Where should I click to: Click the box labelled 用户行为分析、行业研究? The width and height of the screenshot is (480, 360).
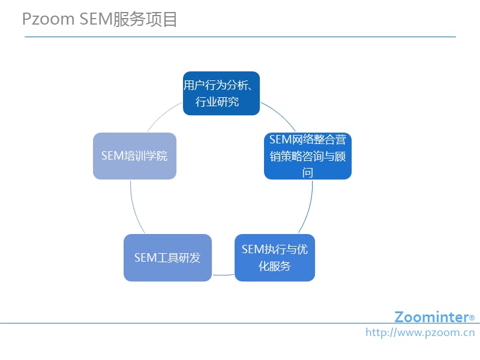point(221,94)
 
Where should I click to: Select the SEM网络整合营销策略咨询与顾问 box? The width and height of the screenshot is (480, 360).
point(307,156)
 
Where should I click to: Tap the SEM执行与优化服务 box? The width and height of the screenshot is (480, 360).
point(275,257)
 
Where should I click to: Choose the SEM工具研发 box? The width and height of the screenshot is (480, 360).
point(167,257)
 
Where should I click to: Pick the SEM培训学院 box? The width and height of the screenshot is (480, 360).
point(134,156)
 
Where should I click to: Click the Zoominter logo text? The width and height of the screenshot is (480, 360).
point(431,317)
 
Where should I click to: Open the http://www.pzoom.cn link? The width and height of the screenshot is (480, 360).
point(420,332)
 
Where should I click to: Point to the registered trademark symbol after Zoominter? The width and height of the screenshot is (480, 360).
point(472,318)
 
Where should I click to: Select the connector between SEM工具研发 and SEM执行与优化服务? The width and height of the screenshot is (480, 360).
point(223,274)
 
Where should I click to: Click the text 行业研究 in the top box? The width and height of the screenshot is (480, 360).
point(217,102)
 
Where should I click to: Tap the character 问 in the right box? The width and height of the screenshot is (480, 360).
point(307,173)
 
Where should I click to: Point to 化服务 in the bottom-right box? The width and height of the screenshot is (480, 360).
point(275,266)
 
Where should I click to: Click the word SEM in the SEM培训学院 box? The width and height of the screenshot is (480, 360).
point(112,156)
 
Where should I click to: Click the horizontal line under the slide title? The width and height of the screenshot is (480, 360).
point(240,37)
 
